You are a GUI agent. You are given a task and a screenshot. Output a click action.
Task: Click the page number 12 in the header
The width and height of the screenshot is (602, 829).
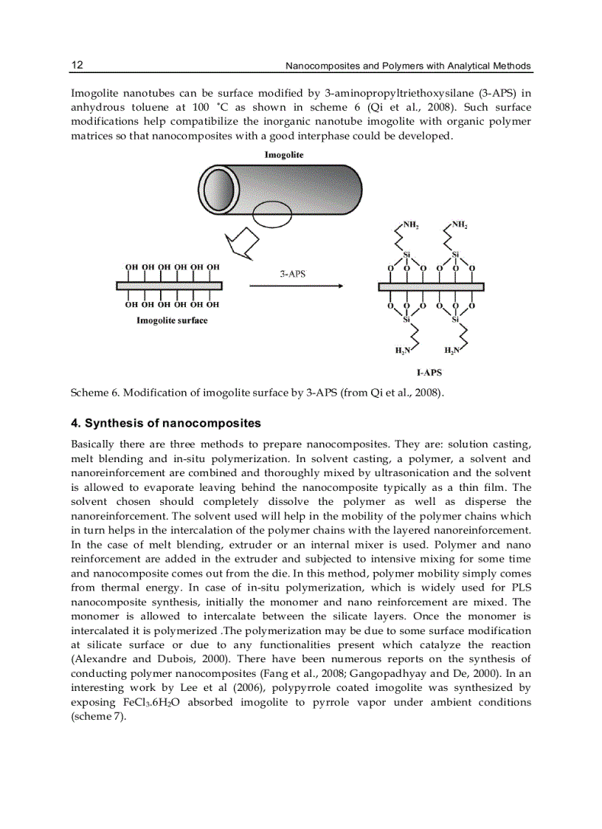(x=77, y=65)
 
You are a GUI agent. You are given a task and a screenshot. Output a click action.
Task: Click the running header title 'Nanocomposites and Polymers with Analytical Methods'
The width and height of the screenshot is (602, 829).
(x=407, y=66)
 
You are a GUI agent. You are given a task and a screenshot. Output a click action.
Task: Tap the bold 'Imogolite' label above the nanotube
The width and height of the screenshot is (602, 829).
(x=284, y=155)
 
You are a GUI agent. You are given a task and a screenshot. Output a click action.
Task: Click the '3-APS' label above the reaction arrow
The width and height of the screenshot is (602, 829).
(x=292, y=273)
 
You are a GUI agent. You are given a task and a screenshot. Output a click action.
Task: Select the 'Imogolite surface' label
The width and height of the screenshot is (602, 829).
(x=172, y=320)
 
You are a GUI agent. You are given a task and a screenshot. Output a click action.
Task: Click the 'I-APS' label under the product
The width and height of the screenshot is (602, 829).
(x=430, y=373)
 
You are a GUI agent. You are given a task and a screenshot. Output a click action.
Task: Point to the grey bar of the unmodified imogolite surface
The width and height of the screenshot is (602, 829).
(x=169, y=285)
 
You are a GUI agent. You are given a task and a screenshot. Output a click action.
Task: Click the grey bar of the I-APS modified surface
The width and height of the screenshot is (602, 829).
(x=431, y=286)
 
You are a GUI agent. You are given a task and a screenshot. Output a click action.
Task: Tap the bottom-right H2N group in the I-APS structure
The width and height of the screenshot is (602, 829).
(x=452, y=351)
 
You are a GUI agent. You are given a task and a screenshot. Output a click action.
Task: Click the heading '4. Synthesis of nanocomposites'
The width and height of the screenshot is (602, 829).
(x=166, y=424)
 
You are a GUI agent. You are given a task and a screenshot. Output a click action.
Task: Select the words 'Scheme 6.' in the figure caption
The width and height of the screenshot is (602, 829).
(x=94, y=392)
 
